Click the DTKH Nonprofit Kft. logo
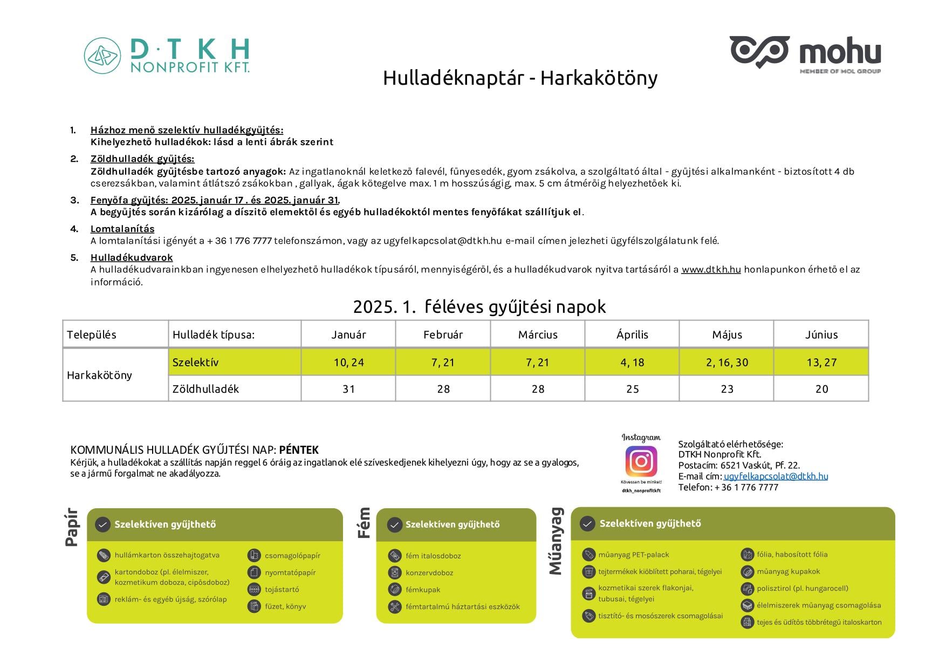pyautogui.click(x=167, y=56)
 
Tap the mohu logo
pyautogui.click(x=805, y=53)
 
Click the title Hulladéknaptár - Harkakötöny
pyautogui.click(x=520, y=78)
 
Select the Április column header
pyautogui.click(x=632, y=334)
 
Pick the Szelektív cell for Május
pyautogui.click(x=726, y=363)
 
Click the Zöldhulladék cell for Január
pyautogui.click(x=348, y=389)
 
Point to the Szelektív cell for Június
pyautogui.click(x=821, y=363)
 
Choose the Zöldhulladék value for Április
pyautogui.click(x=632, y=389)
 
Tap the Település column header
pyautogui.click(x=92, y=334)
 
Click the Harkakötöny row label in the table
pyautogui.click(x=99, y=375)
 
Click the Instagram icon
pyautogui.click(x=641, y=462)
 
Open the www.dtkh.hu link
pyautogui.click(x=711, y=269)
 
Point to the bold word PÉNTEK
pyautogui.click(x=299, y=450)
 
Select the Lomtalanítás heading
pyautogui.click(x=122, y=229)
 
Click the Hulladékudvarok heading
pyautogui.click(x=132, y=257)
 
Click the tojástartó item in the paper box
pyautogui.click(x=282, y=590)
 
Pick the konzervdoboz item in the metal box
pyautogui.click(x=429, y=573)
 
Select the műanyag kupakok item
pyautogui.click(x=788, y=571)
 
